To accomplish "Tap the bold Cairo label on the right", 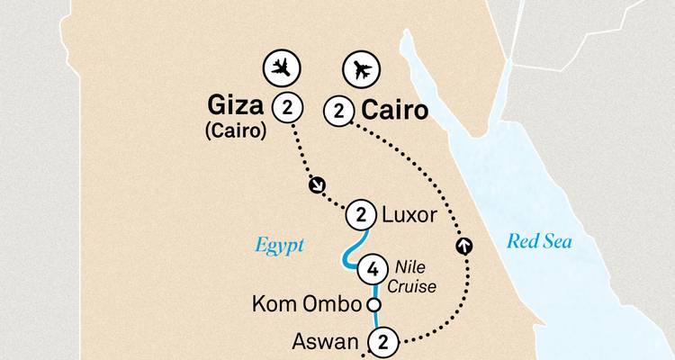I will pos(393,111).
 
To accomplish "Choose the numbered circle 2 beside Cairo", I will pos(338,111).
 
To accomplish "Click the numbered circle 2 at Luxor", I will pos(361,215).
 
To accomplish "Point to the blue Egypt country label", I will pos(280,244).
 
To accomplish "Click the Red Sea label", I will pos(539,241).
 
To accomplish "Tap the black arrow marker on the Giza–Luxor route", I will pos(316,186).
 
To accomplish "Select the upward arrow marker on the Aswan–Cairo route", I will pos(464,244).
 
